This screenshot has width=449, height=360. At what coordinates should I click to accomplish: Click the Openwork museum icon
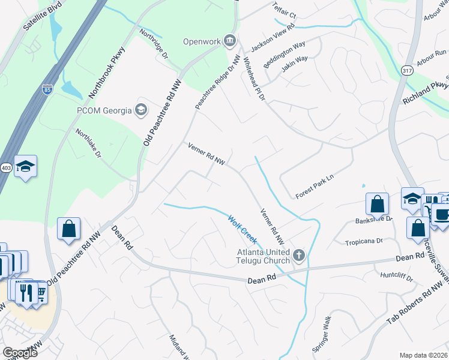click(229, 41)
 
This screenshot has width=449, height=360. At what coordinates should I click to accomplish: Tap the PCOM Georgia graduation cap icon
click(141, 109)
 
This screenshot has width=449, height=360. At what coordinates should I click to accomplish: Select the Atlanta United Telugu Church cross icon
click(299, 256)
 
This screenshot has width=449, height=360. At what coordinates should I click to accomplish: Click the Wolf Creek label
click(242, 229)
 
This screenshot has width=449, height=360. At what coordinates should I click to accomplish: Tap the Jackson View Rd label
click(272, 38)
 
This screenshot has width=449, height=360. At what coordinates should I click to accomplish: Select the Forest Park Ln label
click(314, 187)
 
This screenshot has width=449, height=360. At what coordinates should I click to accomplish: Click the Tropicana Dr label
click(363, 241)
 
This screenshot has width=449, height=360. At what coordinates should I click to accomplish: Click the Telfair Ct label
click(284, 11)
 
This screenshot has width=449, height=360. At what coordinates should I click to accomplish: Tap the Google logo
click(20, 353)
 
